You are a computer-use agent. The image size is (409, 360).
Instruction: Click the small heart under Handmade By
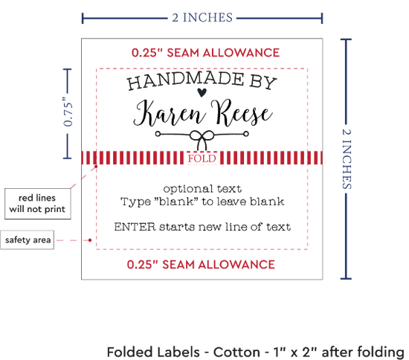(x=202, y=92)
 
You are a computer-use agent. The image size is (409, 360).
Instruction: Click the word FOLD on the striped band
(x=202, y=158)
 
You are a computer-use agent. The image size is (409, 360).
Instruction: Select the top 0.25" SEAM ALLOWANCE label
(x=205, y=53)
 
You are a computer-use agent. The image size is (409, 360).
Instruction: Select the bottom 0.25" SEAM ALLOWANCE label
(x=201, y=265)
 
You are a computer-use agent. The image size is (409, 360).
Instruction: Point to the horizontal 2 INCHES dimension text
(x=202, y=17)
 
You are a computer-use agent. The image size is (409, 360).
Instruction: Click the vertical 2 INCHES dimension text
(x=347, y=159)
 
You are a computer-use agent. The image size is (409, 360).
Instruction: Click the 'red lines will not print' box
(x=38, y=204)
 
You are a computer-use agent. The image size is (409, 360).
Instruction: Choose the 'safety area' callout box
(x=28, y=240)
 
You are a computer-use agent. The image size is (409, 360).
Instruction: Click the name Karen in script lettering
(x=169, y=115)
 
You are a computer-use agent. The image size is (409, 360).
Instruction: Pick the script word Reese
(x=242, y=112)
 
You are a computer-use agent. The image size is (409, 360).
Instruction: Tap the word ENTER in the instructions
(x=135, y=227)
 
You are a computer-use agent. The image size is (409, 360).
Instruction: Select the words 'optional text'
(x=202, y=189)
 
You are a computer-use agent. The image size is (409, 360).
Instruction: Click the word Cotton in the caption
(x=236, y=352)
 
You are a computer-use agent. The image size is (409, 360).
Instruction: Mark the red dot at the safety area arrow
(x=90, y=240)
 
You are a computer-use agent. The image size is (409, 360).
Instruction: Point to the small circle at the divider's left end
(x=158, y=134)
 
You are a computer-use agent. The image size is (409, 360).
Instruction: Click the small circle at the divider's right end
(x=245, y=134)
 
